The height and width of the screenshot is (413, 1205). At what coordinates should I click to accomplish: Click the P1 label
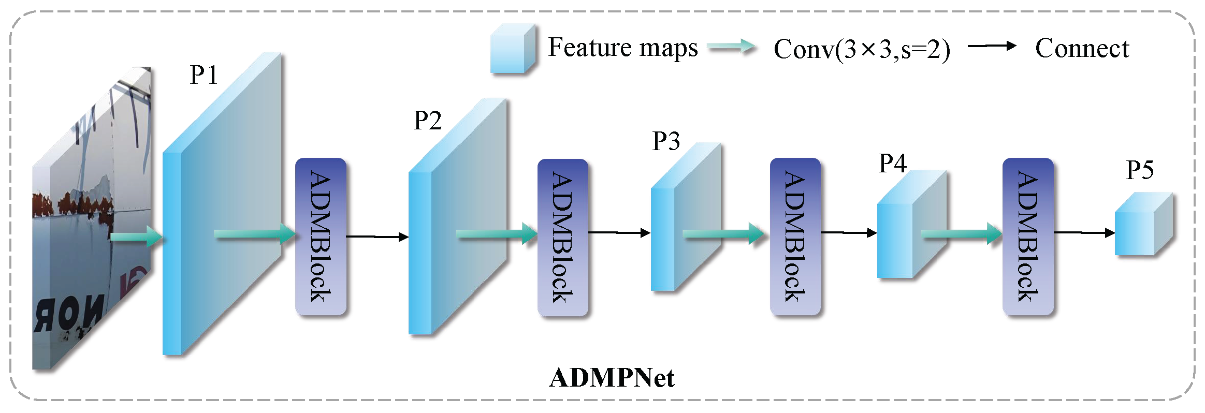click(x=204, y=75)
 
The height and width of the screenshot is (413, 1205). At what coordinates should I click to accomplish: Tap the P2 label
click(x=427, y=121)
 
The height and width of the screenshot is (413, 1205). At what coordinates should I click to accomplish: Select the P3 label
click(x=665, y=141)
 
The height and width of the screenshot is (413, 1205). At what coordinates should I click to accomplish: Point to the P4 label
click(x=892, y=164)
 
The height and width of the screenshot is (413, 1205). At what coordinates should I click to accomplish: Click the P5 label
click(x=1140, y=170)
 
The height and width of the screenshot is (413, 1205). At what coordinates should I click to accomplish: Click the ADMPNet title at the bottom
click(x=612, y=378)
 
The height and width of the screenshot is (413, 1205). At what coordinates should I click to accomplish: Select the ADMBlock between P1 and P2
click(x=321, y=237)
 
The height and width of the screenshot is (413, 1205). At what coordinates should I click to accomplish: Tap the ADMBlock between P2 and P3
click(x=563, y=238)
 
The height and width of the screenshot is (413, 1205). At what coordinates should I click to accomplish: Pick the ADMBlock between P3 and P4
click(x=795, y=237)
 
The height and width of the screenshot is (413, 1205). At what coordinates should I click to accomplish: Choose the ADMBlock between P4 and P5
click(x=1028, y=237)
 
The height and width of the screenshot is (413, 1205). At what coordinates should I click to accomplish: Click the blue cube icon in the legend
click(x=512, y=49)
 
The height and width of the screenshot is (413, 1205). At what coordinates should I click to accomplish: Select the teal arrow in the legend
click(x=731, y=47)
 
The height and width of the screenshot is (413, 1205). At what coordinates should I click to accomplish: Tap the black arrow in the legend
click(x=992, y=46)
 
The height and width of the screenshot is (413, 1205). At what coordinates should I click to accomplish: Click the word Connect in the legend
click(x=1082, y=49)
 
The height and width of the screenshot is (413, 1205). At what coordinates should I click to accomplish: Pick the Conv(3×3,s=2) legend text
click(x=862, y=50)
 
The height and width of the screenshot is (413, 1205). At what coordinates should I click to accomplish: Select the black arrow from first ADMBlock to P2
click(x=377, y=237)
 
